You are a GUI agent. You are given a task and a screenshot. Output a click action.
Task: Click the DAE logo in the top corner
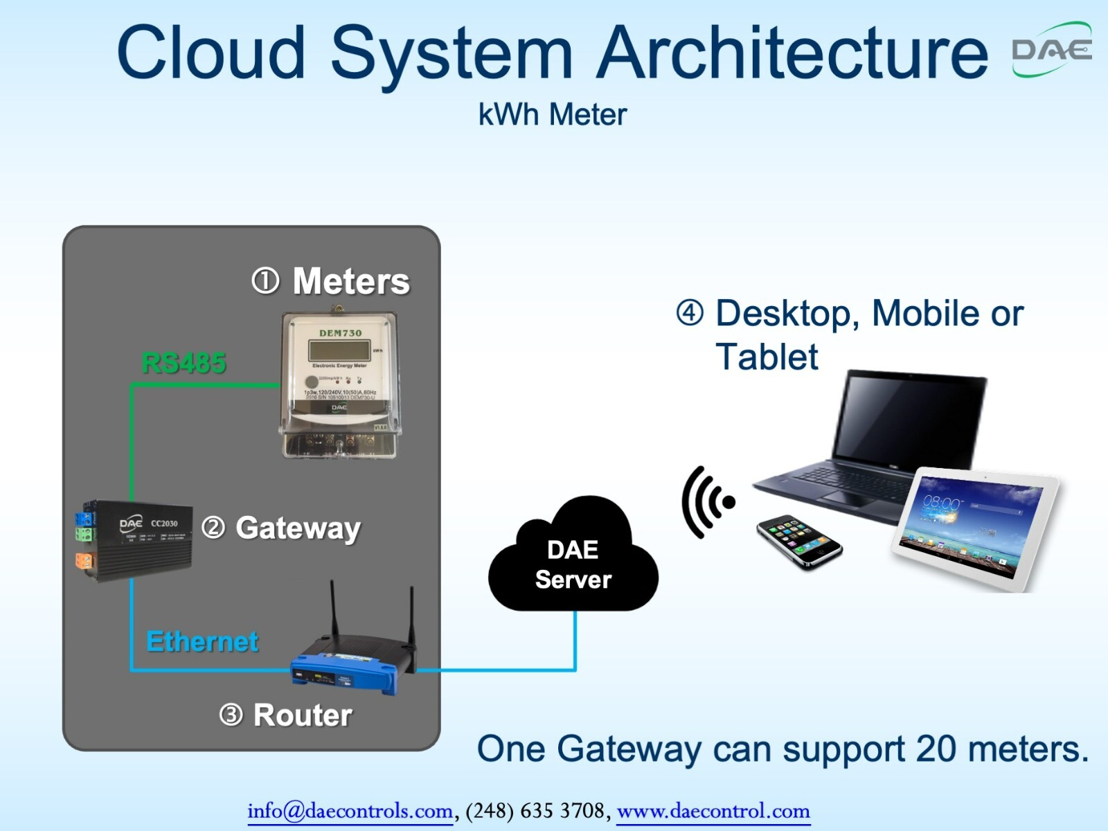coord(1051,50)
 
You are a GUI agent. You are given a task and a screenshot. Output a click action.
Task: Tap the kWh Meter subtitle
coord(552,115)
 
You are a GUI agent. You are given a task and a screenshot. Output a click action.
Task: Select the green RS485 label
coord(184,363)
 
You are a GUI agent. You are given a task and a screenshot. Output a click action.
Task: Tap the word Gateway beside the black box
coord(298,528)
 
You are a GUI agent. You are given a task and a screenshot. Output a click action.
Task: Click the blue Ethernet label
coord(202,642)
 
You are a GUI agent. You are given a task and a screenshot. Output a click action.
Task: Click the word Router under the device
coord(303,715)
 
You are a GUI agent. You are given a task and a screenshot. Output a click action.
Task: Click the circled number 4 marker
coord(690,313)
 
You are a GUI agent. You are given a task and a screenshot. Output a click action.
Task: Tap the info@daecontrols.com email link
coord(350,810)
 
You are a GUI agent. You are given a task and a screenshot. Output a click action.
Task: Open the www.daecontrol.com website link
coord(713,810)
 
